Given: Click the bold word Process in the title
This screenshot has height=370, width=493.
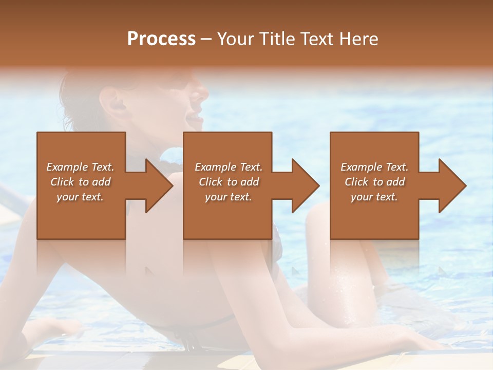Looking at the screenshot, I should [x=161, y=39].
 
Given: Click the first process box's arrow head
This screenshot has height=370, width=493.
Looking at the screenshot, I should [x=158, y=186].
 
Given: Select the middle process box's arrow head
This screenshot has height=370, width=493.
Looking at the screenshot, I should [x=305, y=186].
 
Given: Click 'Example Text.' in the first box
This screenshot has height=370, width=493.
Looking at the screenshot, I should [x=80, y=167].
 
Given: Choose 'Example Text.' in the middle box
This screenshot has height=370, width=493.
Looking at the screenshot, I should [x=229, y=167].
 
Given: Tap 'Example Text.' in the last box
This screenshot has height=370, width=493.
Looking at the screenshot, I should [x=374, y=167].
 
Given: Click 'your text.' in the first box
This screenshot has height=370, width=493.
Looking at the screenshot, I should [x=80, y=197].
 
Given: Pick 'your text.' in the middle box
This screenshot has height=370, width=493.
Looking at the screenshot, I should [x=229, y=197].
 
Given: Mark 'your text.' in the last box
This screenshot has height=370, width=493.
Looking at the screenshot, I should [x=374, y=197].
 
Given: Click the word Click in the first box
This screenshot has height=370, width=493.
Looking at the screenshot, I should [x=63, y=182].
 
